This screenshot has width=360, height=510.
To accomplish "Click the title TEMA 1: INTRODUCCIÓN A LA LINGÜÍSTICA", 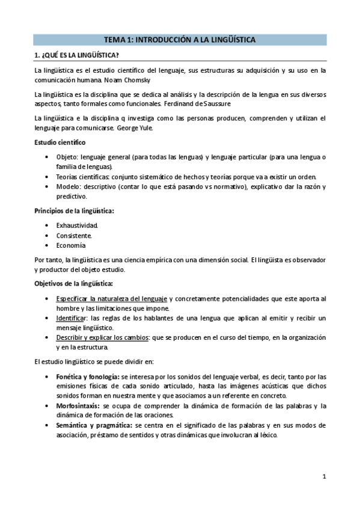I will [180, 40].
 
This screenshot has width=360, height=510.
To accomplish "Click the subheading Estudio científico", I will [59, 142].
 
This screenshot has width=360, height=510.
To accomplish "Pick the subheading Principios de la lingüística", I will [75, 210].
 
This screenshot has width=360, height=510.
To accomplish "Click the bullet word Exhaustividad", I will [77, 225].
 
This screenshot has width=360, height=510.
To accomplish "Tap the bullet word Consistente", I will [74, 235].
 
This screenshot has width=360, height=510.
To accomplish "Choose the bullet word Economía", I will [71, 245].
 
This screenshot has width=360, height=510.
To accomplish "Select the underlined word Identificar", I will [70, 318].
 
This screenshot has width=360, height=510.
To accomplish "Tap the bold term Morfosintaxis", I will [75, 405].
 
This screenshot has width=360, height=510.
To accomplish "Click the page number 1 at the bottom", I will [323, 478].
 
